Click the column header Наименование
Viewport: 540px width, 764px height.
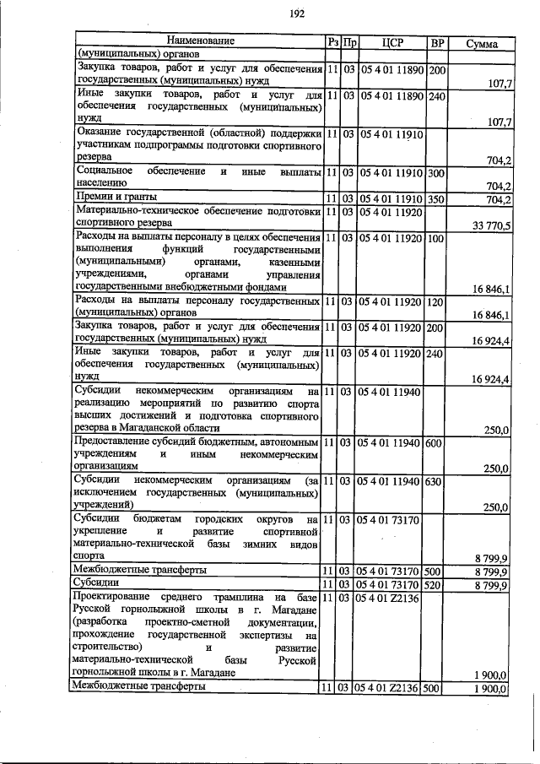coord(200,41)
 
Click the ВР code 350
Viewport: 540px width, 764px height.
coord(436,199)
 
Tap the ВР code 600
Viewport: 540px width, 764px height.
coord(436,442)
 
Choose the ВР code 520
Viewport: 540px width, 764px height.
coord(436,583)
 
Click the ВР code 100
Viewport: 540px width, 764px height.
coord(436,239)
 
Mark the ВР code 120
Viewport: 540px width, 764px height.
coord(436,301)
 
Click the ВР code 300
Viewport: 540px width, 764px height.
coord(436,172)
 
